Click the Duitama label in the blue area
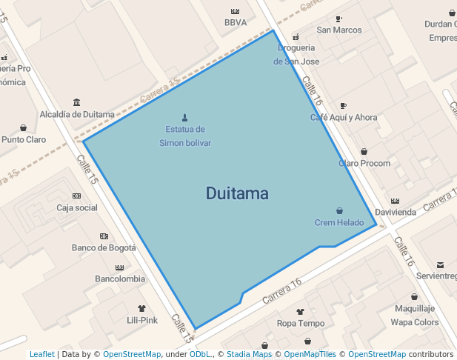tap(237, 194)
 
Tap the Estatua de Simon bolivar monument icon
tap(184, 117)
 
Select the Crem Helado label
tap(339, 222)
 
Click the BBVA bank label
tap(236, 22)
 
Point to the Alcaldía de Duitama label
tap(77, 114)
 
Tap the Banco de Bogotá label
tap(104, 247)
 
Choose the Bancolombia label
tap(120, 279)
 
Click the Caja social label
tap(77, 207)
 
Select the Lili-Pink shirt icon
tap(142, 308)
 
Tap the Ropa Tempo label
tap(301, 323)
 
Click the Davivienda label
tap(395, 212)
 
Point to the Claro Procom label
tap(364, 163)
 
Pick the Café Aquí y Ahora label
tap(344, 117)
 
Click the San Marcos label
tap(339, 30)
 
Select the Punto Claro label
tap(24, 139)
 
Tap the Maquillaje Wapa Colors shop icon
tap(414, 296)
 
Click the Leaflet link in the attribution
tap(41, 354)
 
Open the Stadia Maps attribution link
tap(249, 354)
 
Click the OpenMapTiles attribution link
tap(310, 354)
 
